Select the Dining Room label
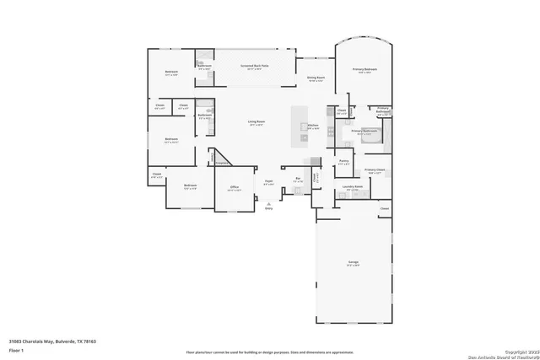(316, 78)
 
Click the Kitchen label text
(312, 125)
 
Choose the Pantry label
(343, 161)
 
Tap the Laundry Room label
(353, 189)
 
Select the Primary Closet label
(375, 171)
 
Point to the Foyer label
(269, 181)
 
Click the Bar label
(297, 179)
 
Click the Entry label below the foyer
(269, 207)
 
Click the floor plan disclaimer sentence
(269, 351)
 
